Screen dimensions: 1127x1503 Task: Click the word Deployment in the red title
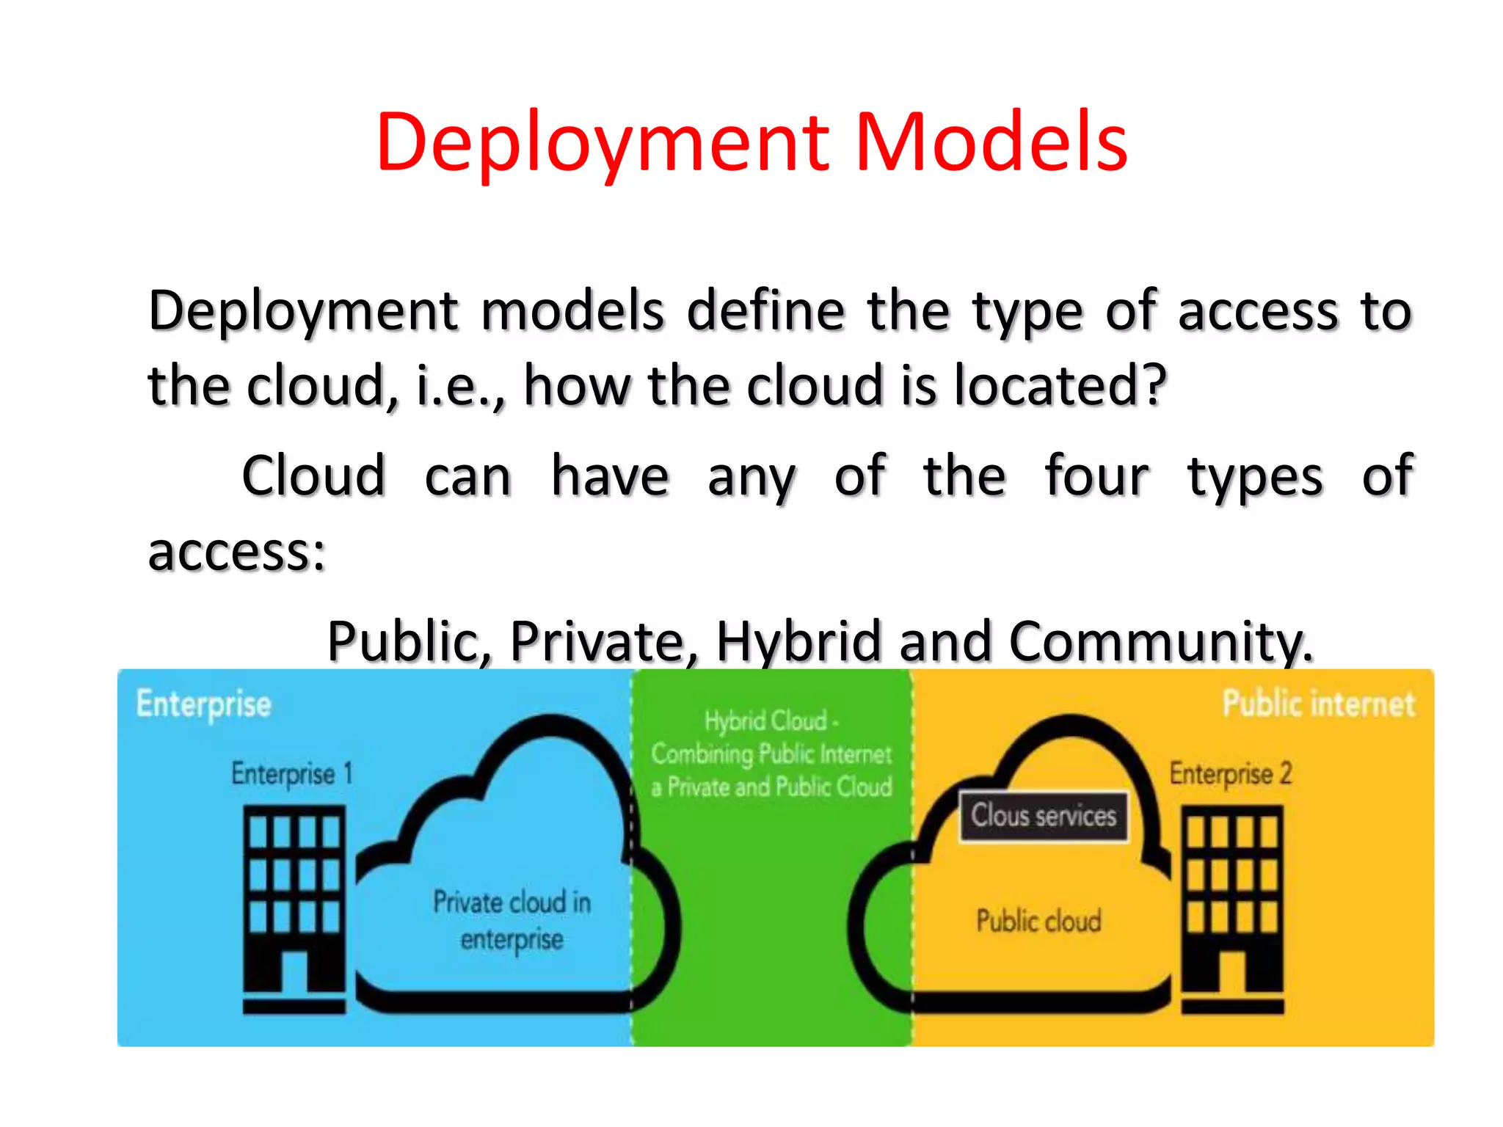pyautogui.click(x=602, y=143)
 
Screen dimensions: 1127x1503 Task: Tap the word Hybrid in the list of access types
pyautogui.click(x=798, y=641)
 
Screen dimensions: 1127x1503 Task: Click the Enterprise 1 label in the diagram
pyautogui.click(x=292, y=773)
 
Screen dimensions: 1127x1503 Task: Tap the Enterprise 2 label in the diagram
pyautogui.click(x=1231, y=774)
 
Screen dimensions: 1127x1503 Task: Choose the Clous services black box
pyautogui.click(x=1044, y=816)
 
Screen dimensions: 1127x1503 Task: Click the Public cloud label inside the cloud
pyautogui.click(x=1038, y=920)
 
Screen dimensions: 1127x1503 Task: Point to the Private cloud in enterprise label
pyautogui.click(x=512, y=920)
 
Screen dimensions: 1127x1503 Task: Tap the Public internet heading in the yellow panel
pyautogui.click(x=1318, y=703)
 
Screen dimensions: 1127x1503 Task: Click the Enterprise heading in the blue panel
pyautogui.click(x=204, y=704)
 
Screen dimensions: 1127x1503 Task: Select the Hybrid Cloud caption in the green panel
pyautogui.click(x=771, y=754)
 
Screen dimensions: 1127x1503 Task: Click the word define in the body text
pyautogui.click(x=765, y=310)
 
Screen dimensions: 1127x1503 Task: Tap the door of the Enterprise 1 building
pyautogui.click(x=294, y=971)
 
